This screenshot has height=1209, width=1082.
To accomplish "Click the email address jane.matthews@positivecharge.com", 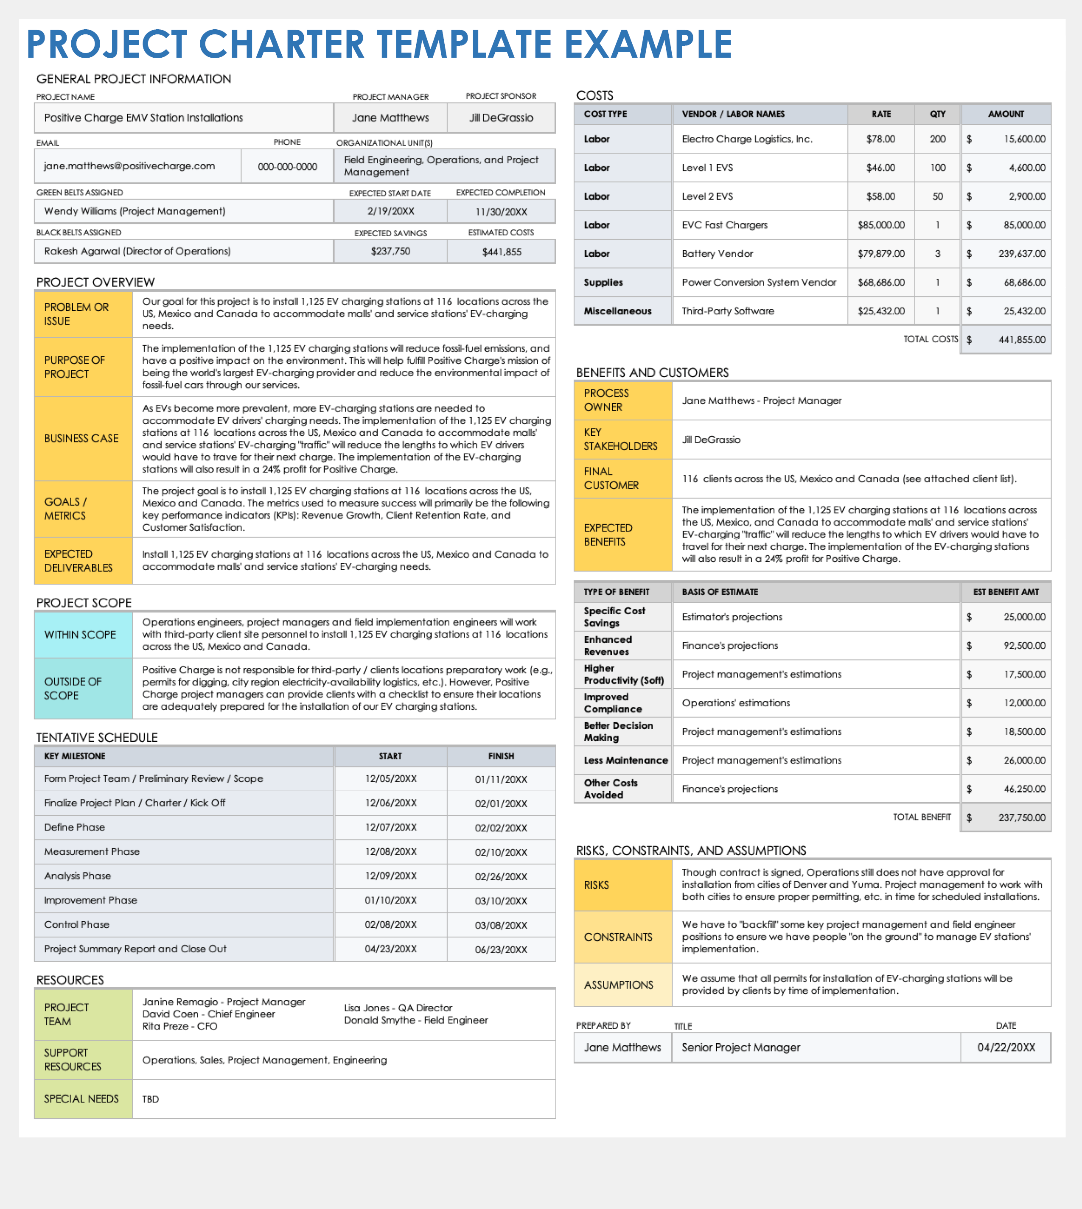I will [x=129, y=166].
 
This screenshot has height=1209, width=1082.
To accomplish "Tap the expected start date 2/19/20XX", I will [x=391, y=212].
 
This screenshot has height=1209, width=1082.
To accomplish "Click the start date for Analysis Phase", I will [x=391, y=876].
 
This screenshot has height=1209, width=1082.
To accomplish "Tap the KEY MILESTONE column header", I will [x=75, y=756].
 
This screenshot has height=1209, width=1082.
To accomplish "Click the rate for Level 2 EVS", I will [x=880, y=196].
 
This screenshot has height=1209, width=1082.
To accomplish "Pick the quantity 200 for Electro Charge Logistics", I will [x=938, y=139].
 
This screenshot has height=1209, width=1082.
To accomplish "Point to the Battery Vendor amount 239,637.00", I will [x=1021, y=254].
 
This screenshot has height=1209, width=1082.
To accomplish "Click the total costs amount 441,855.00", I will [x=1021, y=340].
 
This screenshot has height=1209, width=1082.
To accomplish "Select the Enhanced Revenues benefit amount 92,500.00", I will [x=1024, y=646].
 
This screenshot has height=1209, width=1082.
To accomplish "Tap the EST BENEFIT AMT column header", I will [x=1006, y=592].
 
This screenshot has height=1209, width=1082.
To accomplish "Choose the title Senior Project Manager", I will [x=741, y=1047].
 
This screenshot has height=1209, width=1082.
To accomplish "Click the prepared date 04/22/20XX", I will [x=1006, y=1047].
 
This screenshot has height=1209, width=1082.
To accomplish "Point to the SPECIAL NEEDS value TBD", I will [x=151, y=1099].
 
